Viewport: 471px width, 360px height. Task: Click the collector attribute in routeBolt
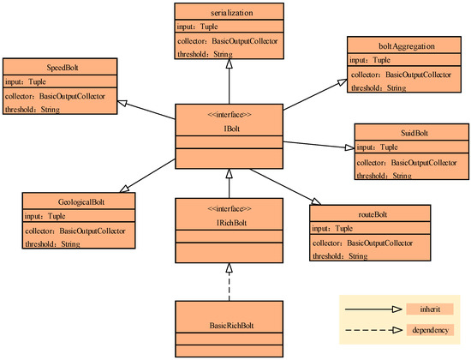361,243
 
